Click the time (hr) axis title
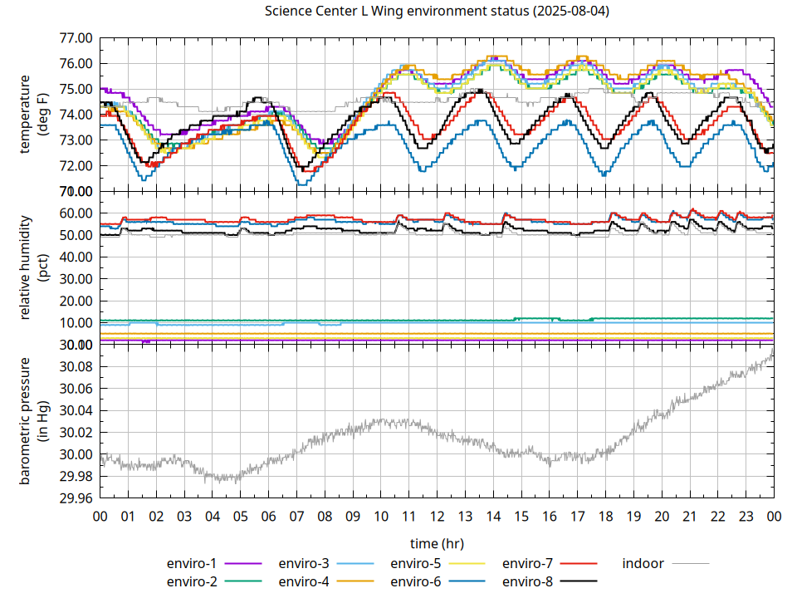(x=437, y=543)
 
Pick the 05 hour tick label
(x=240, y=516)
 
